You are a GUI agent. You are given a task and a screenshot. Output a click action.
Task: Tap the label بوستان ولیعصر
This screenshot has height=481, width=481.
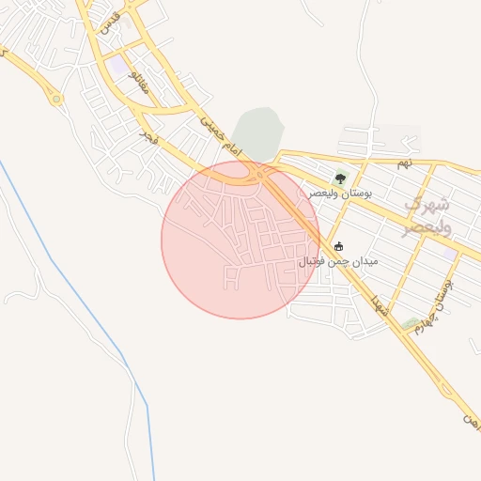coord(341,193)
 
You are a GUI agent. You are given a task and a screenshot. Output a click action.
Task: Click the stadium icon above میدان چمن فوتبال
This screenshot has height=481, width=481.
coord(338,247)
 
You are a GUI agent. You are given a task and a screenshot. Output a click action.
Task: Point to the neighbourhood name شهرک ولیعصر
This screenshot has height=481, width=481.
coord(428,215)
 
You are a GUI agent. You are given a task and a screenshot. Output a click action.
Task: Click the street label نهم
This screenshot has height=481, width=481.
coord(404,163)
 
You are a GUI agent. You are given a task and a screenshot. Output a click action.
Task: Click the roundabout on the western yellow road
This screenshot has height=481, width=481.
coord(57,97)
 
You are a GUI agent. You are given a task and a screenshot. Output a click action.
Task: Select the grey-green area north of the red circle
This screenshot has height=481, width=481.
coord(257,132)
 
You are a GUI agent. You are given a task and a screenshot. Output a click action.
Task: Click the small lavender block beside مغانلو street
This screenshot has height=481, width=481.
coord(118,67)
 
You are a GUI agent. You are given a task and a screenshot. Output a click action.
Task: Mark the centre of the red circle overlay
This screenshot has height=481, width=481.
coord(240,240)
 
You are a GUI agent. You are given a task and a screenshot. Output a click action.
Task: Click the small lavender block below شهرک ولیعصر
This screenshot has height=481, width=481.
coord(450,254)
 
